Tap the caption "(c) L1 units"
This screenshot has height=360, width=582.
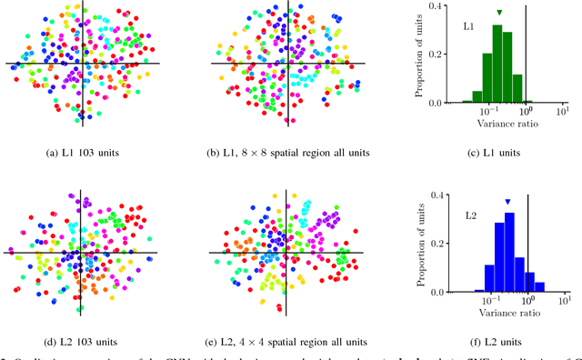click(x=499, y=151)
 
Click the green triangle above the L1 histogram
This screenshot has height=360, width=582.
click(x=499, y=12)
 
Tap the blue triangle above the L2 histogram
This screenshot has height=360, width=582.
click(x=507, y=202)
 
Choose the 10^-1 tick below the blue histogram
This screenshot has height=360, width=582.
click(x=490, y=300)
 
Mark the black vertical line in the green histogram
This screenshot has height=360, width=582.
click(x=527, y=55)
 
